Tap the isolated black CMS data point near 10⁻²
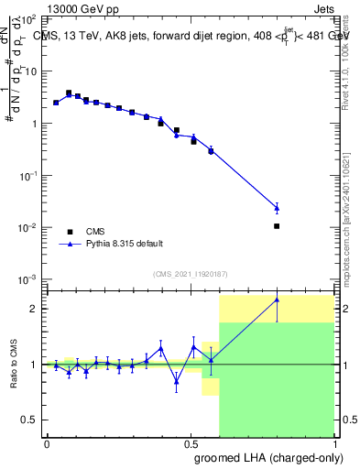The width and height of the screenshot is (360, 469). (277, 225)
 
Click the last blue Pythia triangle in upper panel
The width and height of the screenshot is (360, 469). (277, 208)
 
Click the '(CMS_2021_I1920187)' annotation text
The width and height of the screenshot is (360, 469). (190, 274)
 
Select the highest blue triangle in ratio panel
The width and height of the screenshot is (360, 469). (277, 300)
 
